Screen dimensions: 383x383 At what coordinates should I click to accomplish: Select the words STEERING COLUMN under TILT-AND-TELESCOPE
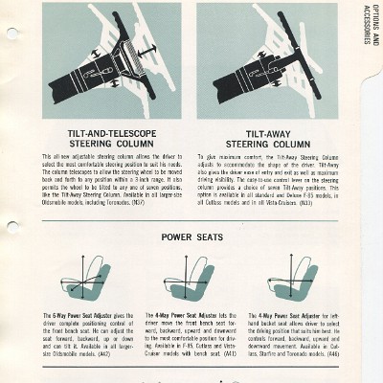104,145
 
